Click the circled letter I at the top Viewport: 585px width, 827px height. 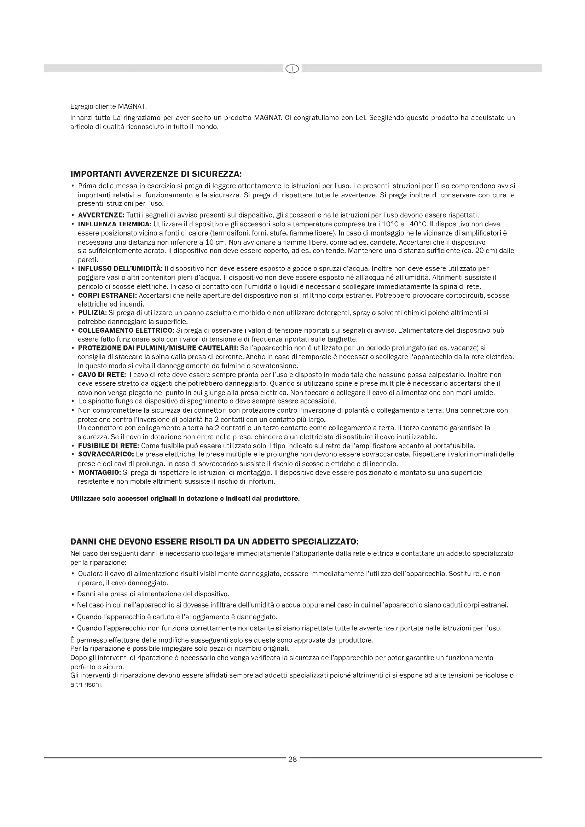pyautogui.click(x=292, y=69)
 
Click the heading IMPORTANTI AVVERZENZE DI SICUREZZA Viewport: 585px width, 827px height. pyautogui.click(x=156, y=175)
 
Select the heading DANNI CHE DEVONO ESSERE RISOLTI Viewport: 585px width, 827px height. pyautogui.click(x=214, y=542)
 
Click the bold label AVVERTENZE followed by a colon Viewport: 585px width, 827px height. pyautogui.click(x=101, y=215)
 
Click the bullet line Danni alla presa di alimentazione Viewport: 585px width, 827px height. pyautogui.click(x=153, y=594)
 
